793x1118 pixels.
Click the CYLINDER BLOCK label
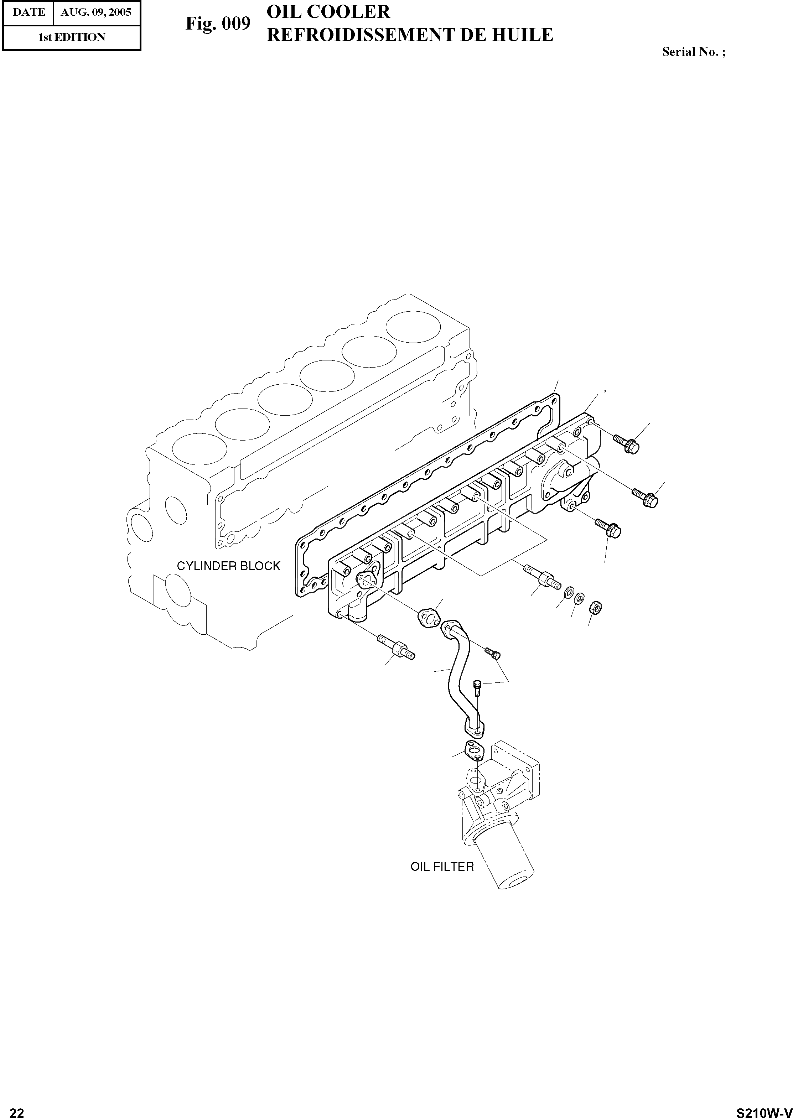pyautogui.click(x=228, y=566)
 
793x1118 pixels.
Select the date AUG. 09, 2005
pyautogui.click(x=96, y=12)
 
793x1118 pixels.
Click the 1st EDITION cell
pyautogui.click(x=72, y=37)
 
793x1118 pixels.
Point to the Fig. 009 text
pyautogui.click(x=218, y=24)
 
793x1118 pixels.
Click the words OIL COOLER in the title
pyautogui.click(x=328, y=12)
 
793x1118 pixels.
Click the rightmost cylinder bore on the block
pyautogui.click(x=411, y=325)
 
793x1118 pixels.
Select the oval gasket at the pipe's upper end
pyautogui.click(x=428, y=618)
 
